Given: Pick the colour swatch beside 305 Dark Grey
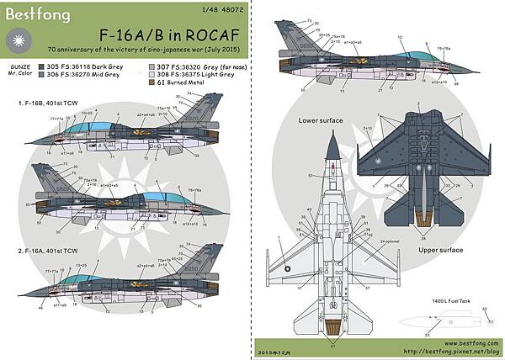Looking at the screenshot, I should click(x=42, y=64).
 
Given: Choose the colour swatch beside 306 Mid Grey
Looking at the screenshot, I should click(x=42, y=74).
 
